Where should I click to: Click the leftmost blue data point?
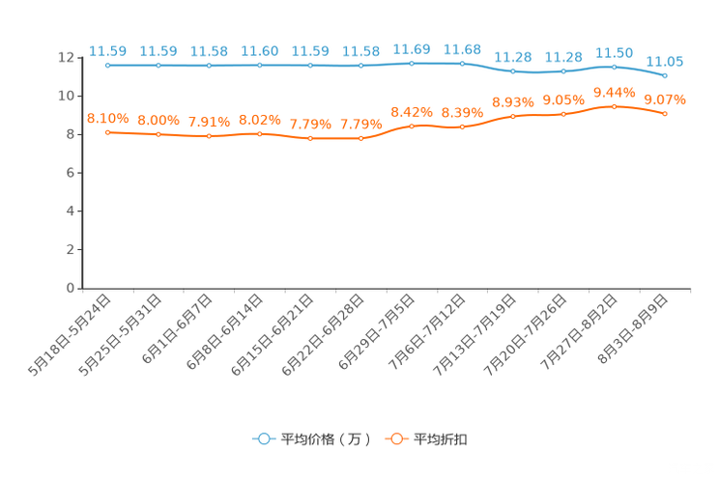(107, 66)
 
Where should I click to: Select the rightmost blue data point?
(665, 75)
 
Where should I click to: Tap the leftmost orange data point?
(107, 132)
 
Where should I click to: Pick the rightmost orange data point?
(665, 113)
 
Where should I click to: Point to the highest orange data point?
(614, 104)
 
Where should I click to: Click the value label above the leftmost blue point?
(107, 50)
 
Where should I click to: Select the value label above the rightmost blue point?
(665, 61)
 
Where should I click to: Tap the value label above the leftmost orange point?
(107, 118)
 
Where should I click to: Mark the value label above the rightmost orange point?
(665, 99)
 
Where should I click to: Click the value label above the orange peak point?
(614, 91)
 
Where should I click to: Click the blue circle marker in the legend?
(263, 439)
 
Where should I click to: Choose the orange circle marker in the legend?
(394, 439)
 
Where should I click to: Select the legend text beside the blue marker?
(326, 439)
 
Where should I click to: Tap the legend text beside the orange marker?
(442, 439)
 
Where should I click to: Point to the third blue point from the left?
(209, 66)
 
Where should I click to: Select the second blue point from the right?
(614, 67)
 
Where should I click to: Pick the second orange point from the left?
(158, 134)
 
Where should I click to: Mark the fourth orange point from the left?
(259, 134)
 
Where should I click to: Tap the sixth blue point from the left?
(360, 66)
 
